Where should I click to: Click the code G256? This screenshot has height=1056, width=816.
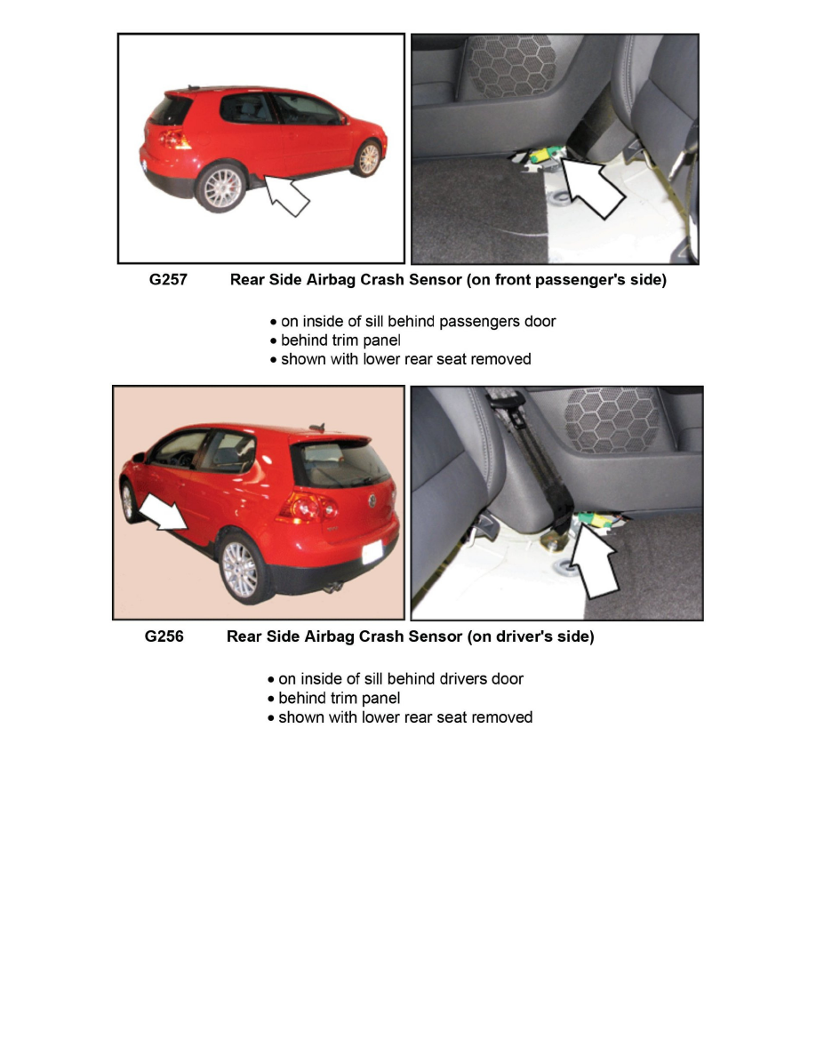[164, 636]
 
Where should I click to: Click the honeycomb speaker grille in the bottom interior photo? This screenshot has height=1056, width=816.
[612, 419]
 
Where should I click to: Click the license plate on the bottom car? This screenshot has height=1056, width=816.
[373, 550]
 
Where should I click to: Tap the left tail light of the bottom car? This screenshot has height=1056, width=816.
[306, 507]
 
